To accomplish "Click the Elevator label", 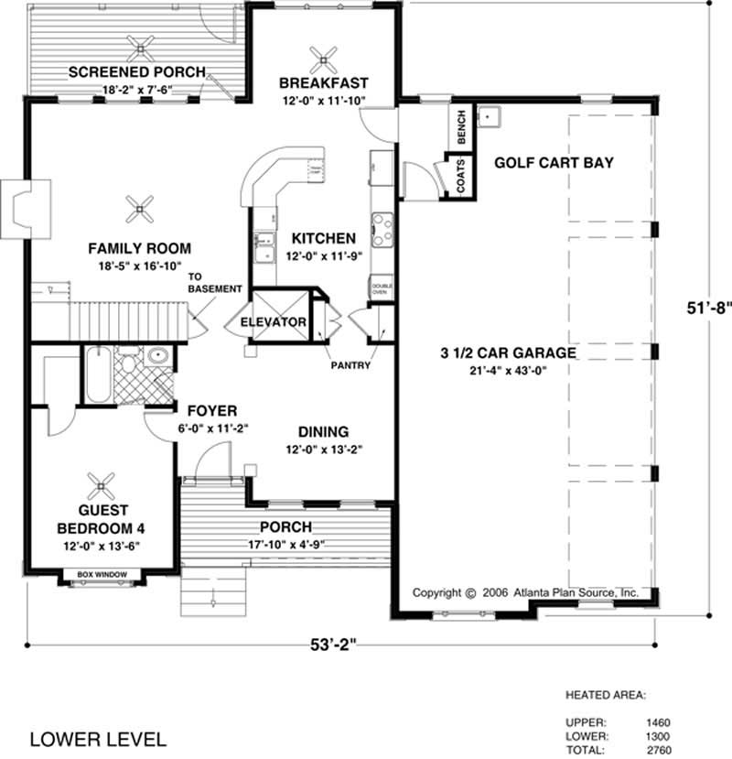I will coord(273,323).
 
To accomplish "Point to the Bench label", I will coord(461,127).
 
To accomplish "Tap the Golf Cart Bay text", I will coord(554,163).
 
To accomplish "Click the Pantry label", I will coord(351,365).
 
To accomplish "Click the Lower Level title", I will coord(98,738).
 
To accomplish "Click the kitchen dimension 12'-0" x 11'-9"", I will coord(325,256).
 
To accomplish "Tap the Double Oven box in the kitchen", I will coord(382,289).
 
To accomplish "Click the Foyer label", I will coord(212,410).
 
